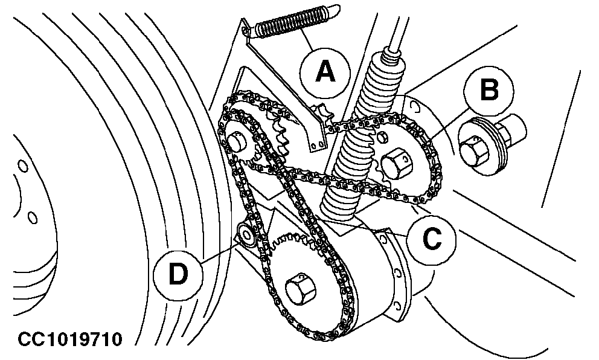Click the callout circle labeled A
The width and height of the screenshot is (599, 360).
[x=325, y=72]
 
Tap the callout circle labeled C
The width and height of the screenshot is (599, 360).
[x=431, y=239]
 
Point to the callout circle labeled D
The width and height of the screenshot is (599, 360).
[x=178, y=275]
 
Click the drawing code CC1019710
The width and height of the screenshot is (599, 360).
[x=70, y=339]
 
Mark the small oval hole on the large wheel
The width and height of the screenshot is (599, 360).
[x=22, y=166]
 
